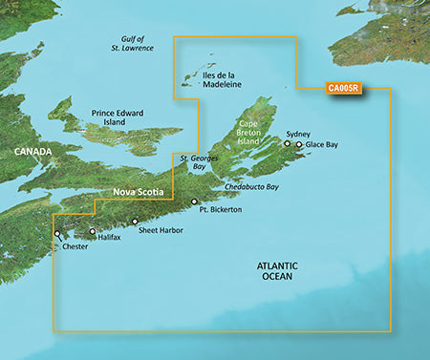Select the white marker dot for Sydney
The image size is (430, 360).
click(286, 145)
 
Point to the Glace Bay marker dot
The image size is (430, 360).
click(299, 145)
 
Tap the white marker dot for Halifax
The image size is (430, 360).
click(93, 231)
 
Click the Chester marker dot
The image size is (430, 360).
click(58, 233)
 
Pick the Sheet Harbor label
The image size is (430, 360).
click(160, 230)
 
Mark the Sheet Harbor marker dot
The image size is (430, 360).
click(135, 221)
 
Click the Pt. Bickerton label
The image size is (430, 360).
click(221, 208)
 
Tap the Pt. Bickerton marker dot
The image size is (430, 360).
click(194, 201)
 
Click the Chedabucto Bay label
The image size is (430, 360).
click(252, 187)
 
